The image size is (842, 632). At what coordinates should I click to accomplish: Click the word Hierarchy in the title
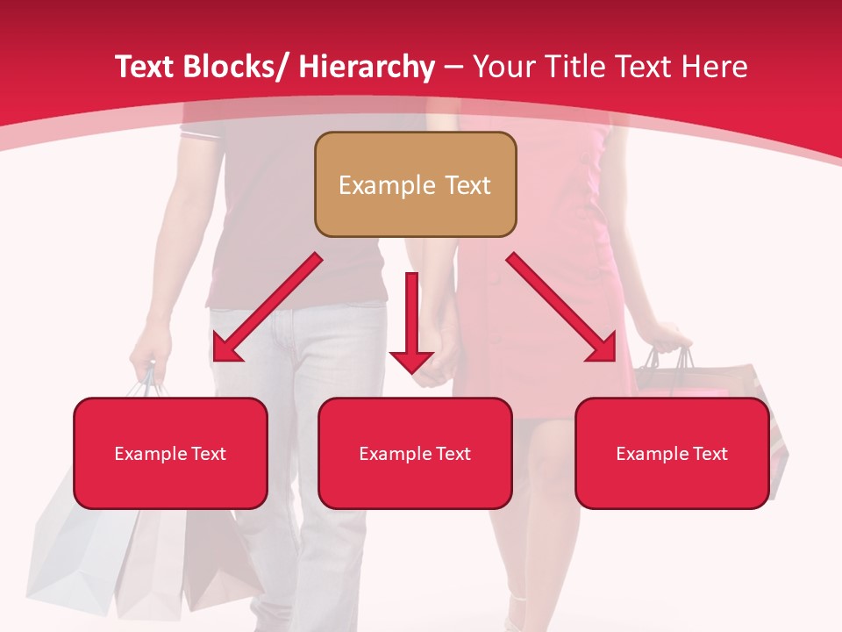(x=366, y=68)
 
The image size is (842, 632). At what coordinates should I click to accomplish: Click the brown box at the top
(x=415, y=185)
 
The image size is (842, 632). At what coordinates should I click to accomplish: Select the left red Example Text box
(x=170, y=454)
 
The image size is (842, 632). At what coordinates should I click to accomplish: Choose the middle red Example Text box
(x=415, y=454)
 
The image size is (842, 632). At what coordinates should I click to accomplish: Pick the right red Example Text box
(x=672, y=454)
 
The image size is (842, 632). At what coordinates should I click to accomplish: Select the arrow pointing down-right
(x=562, y=307)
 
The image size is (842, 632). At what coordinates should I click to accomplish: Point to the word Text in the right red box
(x=709, y=454)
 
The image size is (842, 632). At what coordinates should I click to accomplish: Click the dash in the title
(x=453, y=68)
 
